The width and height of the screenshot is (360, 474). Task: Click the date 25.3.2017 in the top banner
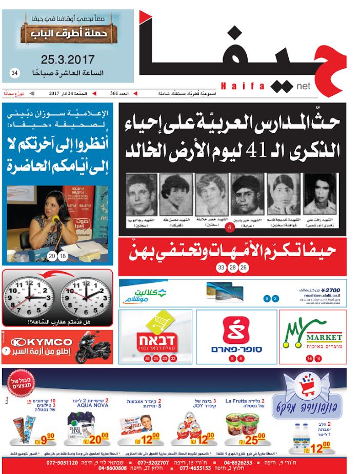67,59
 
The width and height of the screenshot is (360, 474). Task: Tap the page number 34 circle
14,74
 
